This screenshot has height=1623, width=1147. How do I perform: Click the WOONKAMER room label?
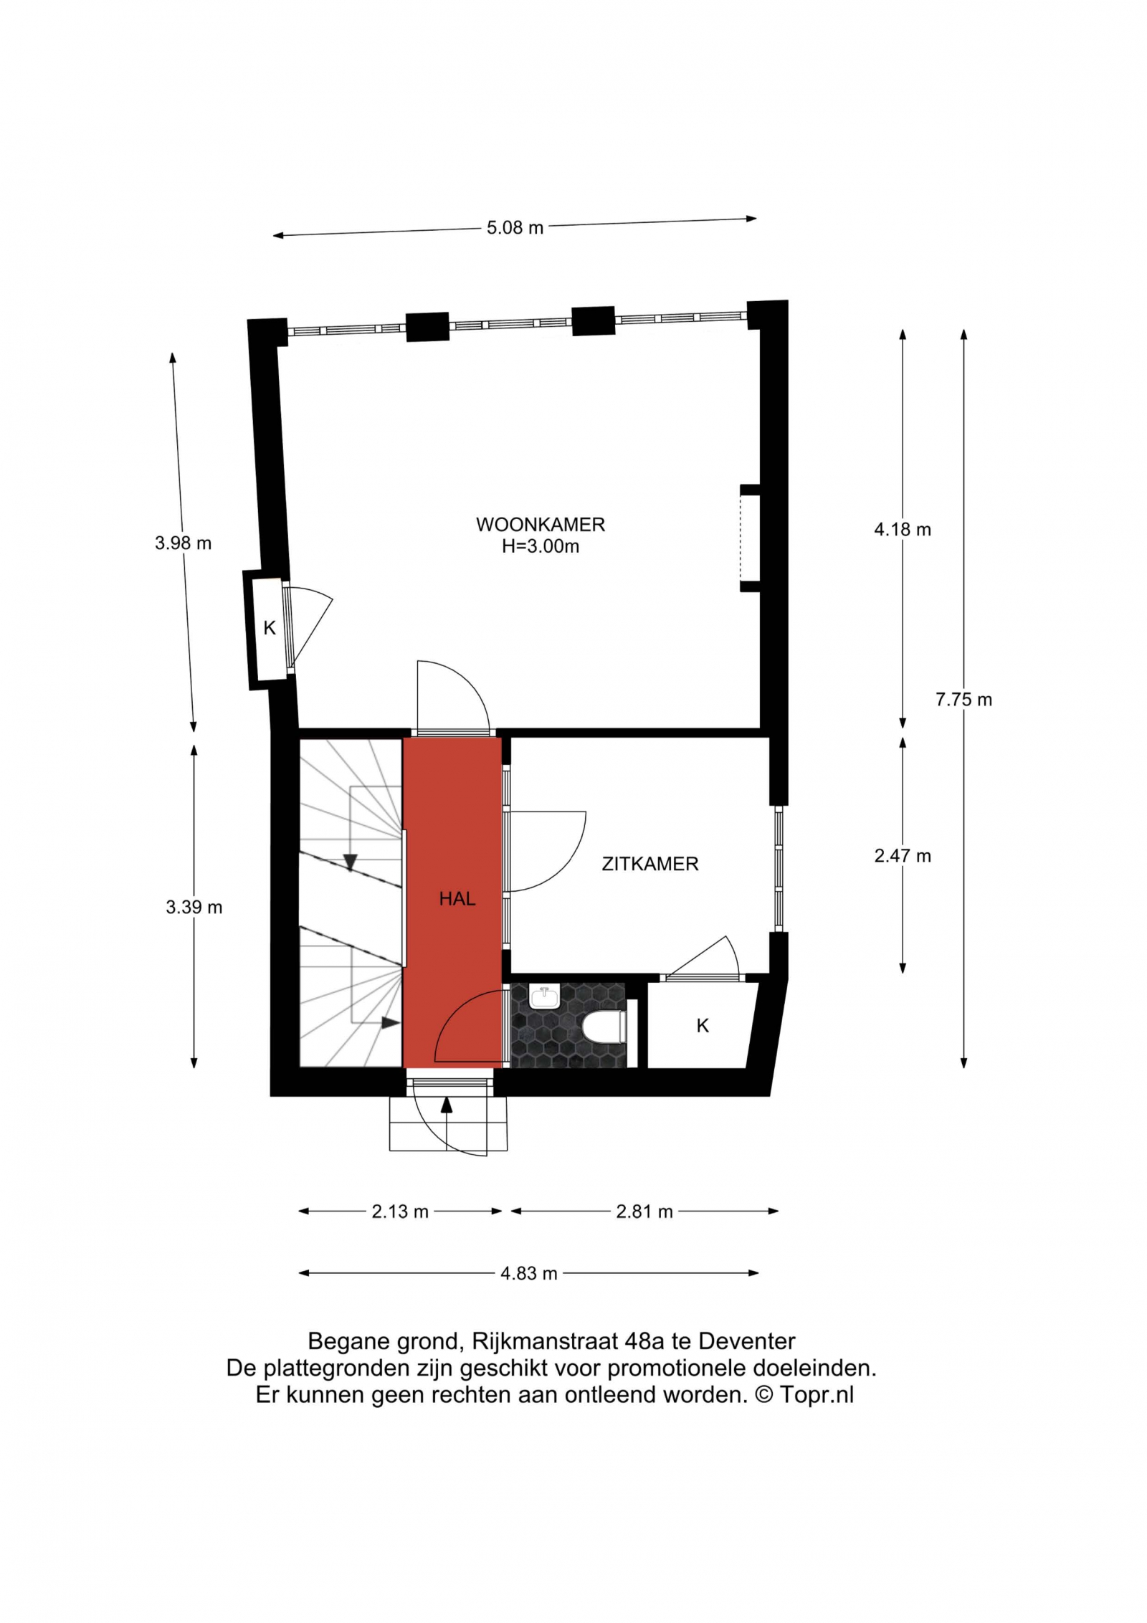(x=541, y=525)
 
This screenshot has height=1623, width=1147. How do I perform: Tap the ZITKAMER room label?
(x=650, y=864)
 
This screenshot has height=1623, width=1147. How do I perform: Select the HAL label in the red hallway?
(x=457, y=899)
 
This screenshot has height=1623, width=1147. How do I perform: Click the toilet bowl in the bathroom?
(x=605, y=1028)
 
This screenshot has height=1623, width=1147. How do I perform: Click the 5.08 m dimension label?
(x=515, y=228)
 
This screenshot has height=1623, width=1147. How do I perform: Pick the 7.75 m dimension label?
(x=963, y=700)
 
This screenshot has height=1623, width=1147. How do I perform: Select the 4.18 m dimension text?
(x=903, y=530)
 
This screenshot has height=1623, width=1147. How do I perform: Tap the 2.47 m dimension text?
(x=903, y=856)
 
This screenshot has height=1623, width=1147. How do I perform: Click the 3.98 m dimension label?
(x=183, y=543)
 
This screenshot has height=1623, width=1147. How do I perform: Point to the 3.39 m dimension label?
(x=194, y=908)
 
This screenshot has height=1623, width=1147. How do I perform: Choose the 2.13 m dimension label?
(x=400, y=1212)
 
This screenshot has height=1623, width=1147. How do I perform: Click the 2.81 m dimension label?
(x=644, y=1212)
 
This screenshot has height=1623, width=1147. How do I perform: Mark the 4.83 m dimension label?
(x=529, y=1273)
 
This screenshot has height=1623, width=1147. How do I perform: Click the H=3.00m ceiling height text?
(x=541, y=547)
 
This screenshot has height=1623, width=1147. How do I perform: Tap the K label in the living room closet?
(x=270, y=628)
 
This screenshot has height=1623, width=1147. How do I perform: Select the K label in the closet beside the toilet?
(x=703, y=1026)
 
